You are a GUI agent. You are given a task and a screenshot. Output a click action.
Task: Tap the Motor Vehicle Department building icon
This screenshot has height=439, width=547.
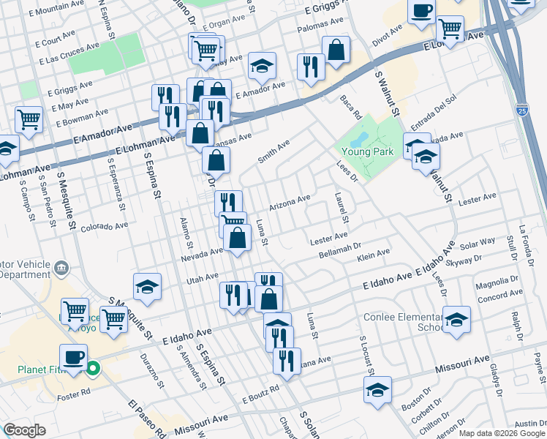[62, 267]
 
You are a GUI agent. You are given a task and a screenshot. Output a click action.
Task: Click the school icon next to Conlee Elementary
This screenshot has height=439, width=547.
[456, 319]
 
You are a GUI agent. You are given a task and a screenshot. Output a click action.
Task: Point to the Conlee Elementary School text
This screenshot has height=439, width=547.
[400, 323]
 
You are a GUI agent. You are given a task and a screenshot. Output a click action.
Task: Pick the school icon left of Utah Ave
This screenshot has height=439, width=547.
[147, 288]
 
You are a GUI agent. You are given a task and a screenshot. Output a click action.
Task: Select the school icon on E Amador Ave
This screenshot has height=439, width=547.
[262, 67]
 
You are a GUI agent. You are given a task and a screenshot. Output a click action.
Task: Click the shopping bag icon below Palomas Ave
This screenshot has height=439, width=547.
[336, 50]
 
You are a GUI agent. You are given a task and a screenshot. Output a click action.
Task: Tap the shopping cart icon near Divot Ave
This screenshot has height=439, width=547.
[450, 29]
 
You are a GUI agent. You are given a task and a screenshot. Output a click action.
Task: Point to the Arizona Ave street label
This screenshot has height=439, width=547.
[290, 202]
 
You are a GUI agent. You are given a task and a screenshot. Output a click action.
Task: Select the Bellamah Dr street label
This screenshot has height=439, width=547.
[341, 252]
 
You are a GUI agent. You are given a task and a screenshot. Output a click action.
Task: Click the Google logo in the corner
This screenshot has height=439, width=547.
[24, 430]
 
